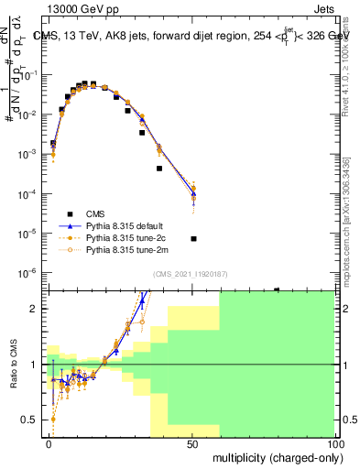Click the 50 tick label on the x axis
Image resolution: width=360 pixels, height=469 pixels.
tap(192, 444)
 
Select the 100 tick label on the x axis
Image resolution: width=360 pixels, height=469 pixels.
tap(333, 444)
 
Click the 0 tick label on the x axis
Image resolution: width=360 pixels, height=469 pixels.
tap(49, 444)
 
